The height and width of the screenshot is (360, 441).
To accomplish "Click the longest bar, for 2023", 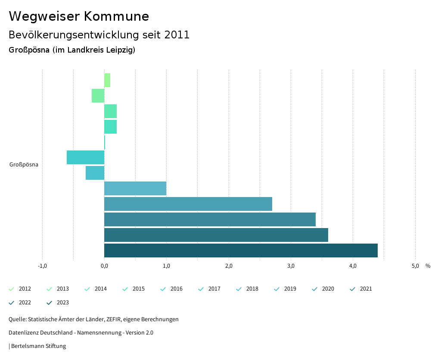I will pyautogui.click(x=241, y=250).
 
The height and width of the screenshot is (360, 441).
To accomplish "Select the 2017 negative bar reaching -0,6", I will pyautogui.click(x=85, y=157).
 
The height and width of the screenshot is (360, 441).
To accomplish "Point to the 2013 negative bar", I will pyautogui.click(x=98, y=96).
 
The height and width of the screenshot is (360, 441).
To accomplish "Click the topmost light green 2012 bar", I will pyautogui.click(x=107, y=80).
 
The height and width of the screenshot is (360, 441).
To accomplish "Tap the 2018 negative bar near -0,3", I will pyautogui.click(x=95, y=173).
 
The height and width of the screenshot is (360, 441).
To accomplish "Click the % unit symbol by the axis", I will pyautogui.click(x=428, y=266).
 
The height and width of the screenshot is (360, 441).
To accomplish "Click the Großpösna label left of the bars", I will pyautogui.click(x=24, y=164).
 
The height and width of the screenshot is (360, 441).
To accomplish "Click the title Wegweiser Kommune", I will pyautogui.click(x=79, y=16).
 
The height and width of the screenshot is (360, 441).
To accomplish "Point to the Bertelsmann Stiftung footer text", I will pyautogui.click(x=38, y=346).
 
